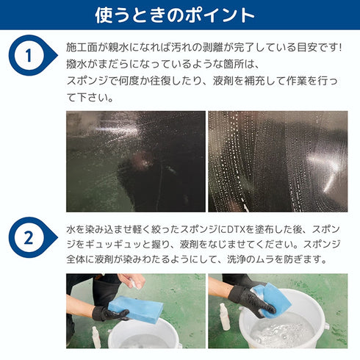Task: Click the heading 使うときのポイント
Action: (x=175, y=15)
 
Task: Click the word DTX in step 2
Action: (x=237, y=229)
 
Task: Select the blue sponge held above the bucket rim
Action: (x=136, y=309)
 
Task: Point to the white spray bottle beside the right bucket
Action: (x=224, y=317)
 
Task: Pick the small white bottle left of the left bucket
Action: (x=96, y=337)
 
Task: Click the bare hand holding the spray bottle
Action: (x=131, y=281)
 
